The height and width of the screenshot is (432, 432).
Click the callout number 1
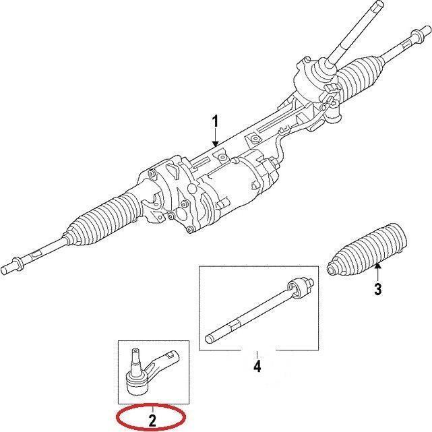pos(215,121)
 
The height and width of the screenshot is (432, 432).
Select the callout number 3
pos(377,290)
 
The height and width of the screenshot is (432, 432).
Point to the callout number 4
pos(257,367)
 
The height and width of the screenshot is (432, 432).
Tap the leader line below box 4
pos(257,352)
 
